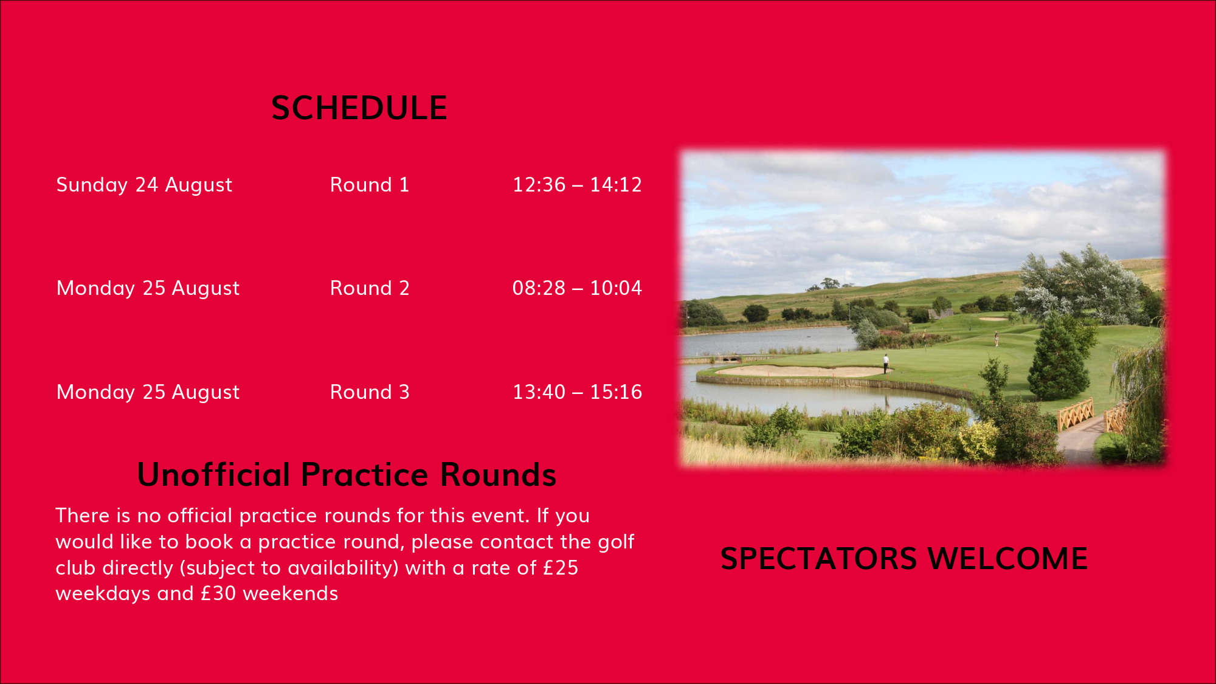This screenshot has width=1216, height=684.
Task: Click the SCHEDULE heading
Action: pos(359,108)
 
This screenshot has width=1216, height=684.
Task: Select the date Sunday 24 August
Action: pos(144,185)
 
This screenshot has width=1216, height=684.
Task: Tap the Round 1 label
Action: pos(370,185)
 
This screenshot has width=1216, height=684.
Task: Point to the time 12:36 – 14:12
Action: pos(577,185)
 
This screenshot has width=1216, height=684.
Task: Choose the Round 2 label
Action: pos(370,288)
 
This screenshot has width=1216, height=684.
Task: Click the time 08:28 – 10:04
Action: pos(577,288)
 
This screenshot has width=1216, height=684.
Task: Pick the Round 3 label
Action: pos(370,392)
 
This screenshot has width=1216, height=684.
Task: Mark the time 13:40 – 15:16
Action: pos(577,392)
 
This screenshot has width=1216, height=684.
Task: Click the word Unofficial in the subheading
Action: pos(213,474)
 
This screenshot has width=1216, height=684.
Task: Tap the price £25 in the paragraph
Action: pos(560,568)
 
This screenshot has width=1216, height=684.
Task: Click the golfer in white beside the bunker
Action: pos(886,364)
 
